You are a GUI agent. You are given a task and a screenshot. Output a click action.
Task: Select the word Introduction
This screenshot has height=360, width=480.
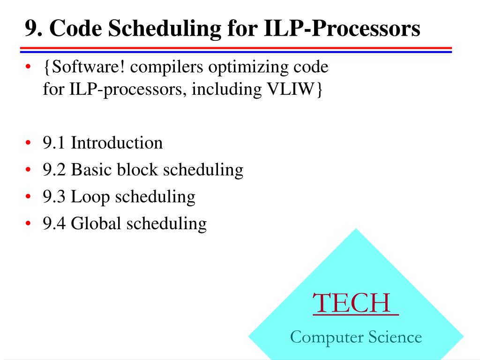click(117, 142)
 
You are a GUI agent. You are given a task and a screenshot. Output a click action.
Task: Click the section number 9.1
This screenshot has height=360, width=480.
click(55, 142)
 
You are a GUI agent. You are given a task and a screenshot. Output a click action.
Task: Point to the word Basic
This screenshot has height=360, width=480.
click(92, 169)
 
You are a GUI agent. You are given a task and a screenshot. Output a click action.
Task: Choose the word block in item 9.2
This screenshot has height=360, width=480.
click(138, 169)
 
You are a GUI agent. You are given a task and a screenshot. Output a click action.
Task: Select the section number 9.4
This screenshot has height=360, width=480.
click(55, 224)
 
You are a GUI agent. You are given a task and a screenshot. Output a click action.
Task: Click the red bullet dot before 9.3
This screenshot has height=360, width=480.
click(29, 197)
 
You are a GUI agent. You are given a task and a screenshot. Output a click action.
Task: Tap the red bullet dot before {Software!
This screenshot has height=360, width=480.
click(29, 68)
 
